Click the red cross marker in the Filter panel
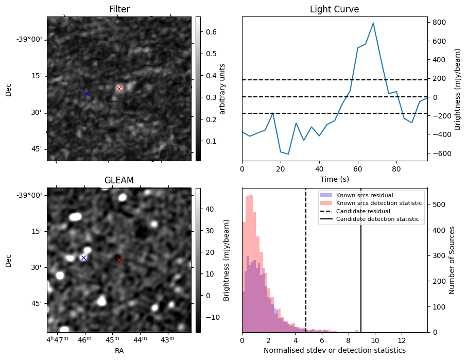tap(119, 89)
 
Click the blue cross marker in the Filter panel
tap(87, 94)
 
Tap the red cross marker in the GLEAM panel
tap(119, 260)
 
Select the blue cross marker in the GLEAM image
tap(83, 258)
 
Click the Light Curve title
tap(334, 9)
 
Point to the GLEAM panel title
tap(119, 180)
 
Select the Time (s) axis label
tap(334, 178)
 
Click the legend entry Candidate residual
tap(362, 211)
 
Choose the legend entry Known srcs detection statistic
tap(378, 203)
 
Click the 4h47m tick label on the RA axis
tap(57, 340)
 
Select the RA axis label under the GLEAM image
tap(119, 350)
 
